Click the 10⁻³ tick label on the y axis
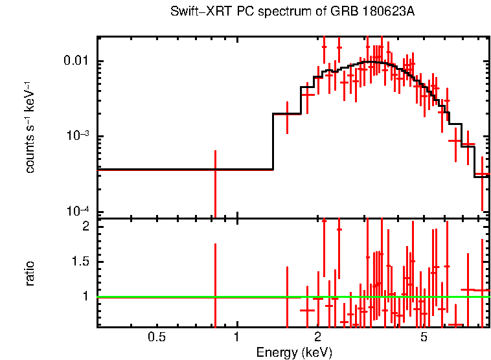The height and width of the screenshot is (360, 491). coord(81,135)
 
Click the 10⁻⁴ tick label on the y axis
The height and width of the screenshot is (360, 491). coord(81,211)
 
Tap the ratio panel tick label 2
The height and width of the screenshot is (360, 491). coord(85,227)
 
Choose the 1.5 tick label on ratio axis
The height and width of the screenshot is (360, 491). coord(81,262)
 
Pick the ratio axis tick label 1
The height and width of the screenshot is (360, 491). coord(85,297)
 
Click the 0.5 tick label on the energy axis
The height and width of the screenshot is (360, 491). coord(156,337)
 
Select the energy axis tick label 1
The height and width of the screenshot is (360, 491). coord(237,337)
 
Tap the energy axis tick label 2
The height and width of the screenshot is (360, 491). coord(317,337)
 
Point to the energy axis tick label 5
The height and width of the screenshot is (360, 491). coord(424,337)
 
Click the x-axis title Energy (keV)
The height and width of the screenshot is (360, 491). coord(294,352)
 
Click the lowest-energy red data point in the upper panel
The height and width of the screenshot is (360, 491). coord(215,170)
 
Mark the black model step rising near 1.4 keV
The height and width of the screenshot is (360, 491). coord(273,141)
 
